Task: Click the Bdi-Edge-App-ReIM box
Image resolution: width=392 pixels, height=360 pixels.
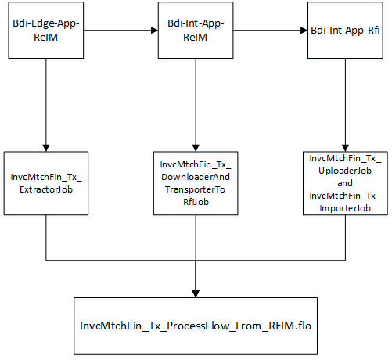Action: click(x=46, y=31)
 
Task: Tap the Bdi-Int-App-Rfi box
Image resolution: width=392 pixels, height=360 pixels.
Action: click(x=346, y=31)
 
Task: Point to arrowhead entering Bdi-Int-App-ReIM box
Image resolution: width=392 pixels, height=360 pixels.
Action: click(x=153, y=31)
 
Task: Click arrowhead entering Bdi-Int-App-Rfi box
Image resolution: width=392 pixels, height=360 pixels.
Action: click(x=304, y=31)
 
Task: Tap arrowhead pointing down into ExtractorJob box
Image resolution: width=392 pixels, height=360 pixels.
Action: click(x=46, y=146)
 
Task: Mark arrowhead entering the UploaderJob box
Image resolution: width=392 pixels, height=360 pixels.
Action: click(x=346, y=146)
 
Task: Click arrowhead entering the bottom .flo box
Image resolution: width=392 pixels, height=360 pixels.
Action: click(x=196, y=293)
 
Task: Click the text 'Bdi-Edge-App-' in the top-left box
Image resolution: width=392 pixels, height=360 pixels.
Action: click(x=46, y=24)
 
